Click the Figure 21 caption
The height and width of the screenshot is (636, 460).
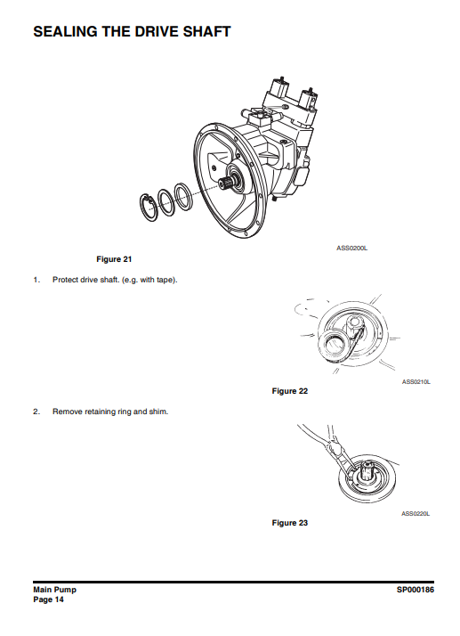point(114,259)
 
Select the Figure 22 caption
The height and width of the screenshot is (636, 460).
point(290,391)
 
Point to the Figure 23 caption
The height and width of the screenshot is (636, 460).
point(290,523)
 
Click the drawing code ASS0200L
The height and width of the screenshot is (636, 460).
point(351,248)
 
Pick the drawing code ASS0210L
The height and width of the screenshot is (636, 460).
point(416,381)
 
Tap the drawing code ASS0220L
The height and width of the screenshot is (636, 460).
point(416,513)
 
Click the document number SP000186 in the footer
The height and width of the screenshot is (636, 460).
point(415,590)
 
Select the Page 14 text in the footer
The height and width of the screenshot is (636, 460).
point(48,599)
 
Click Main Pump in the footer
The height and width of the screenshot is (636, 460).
point(54,590)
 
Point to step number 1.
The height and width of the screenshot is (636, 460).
point(36,280)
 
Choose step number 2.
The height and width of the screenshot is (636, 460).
point(36,412)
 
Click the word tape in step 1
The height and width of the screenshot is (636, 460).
point(165,280)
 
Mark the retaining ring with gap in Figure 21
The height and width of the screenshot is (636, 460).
point(149,208)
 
